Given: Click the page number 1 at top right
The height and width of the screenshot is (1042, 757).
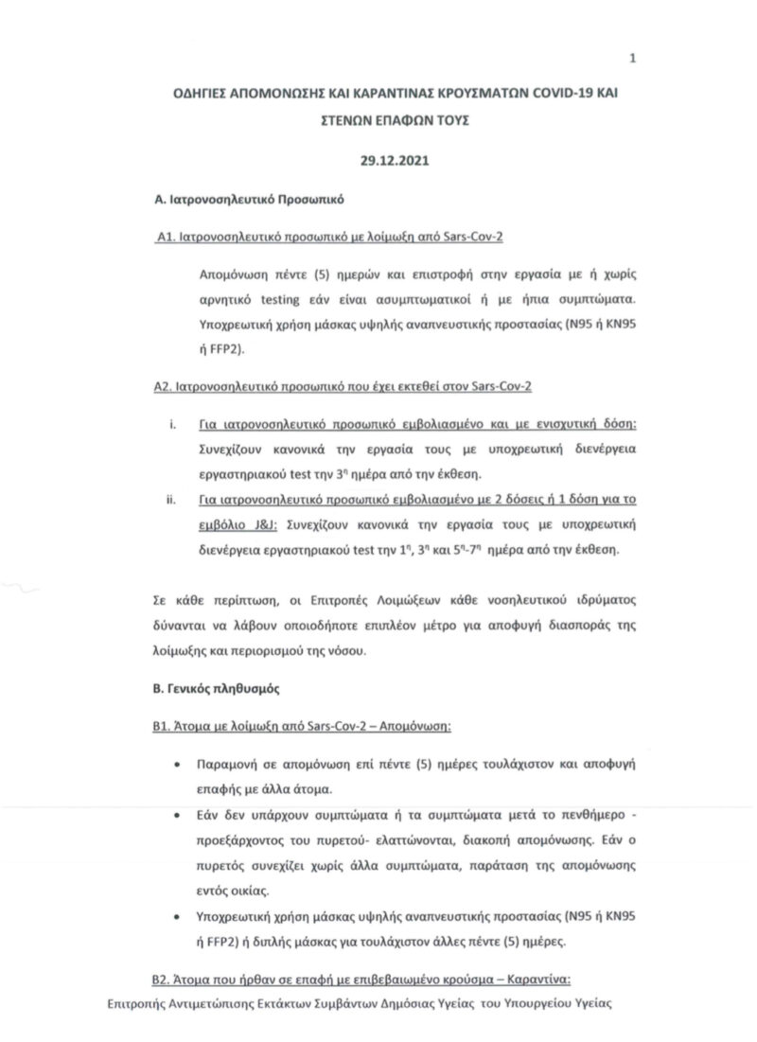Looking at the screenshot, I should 631,59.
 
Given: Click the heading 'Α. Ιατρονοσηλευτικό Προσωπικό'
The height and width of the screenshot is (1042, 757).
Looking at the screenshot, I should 248,201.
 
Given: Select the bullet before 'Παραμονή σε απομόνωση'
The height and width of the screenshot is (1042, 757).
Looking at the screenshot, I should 180,763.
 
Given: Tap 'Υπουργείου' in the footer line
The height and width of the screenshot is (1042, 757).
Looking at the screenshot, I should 519,1005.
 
